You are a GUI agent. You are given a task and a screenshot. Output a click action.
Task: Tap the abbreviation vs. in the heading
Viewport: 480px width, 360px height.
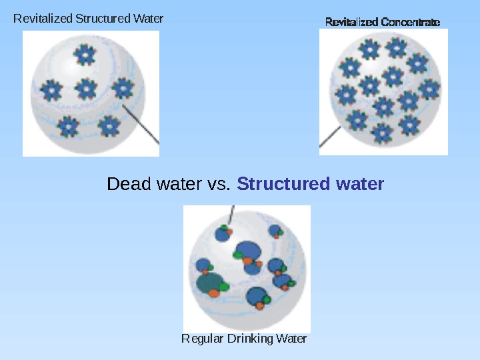[x=217, y=183]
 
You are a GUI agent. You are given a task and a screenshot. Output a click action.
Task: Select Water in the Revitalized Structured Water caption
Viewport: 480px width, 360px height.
[x=148, y=19]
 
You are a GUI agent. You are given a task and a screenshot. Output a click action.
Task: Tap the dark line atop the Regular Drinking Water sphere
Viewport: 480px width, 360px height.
[x=231, y=215]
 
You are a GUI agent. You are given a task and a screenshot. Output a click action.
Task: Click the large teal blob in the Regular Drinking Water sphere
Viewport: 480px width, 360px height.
[x=209, y=283]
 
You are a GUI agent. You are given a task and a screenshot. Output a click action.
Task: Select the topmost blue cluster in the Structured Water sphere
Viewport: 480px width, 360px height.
[x=85, y=55]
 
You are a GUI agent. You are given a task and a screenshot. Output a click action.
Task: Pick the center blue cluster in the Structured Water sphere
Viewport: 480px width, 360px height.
[x=85, y=88]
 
